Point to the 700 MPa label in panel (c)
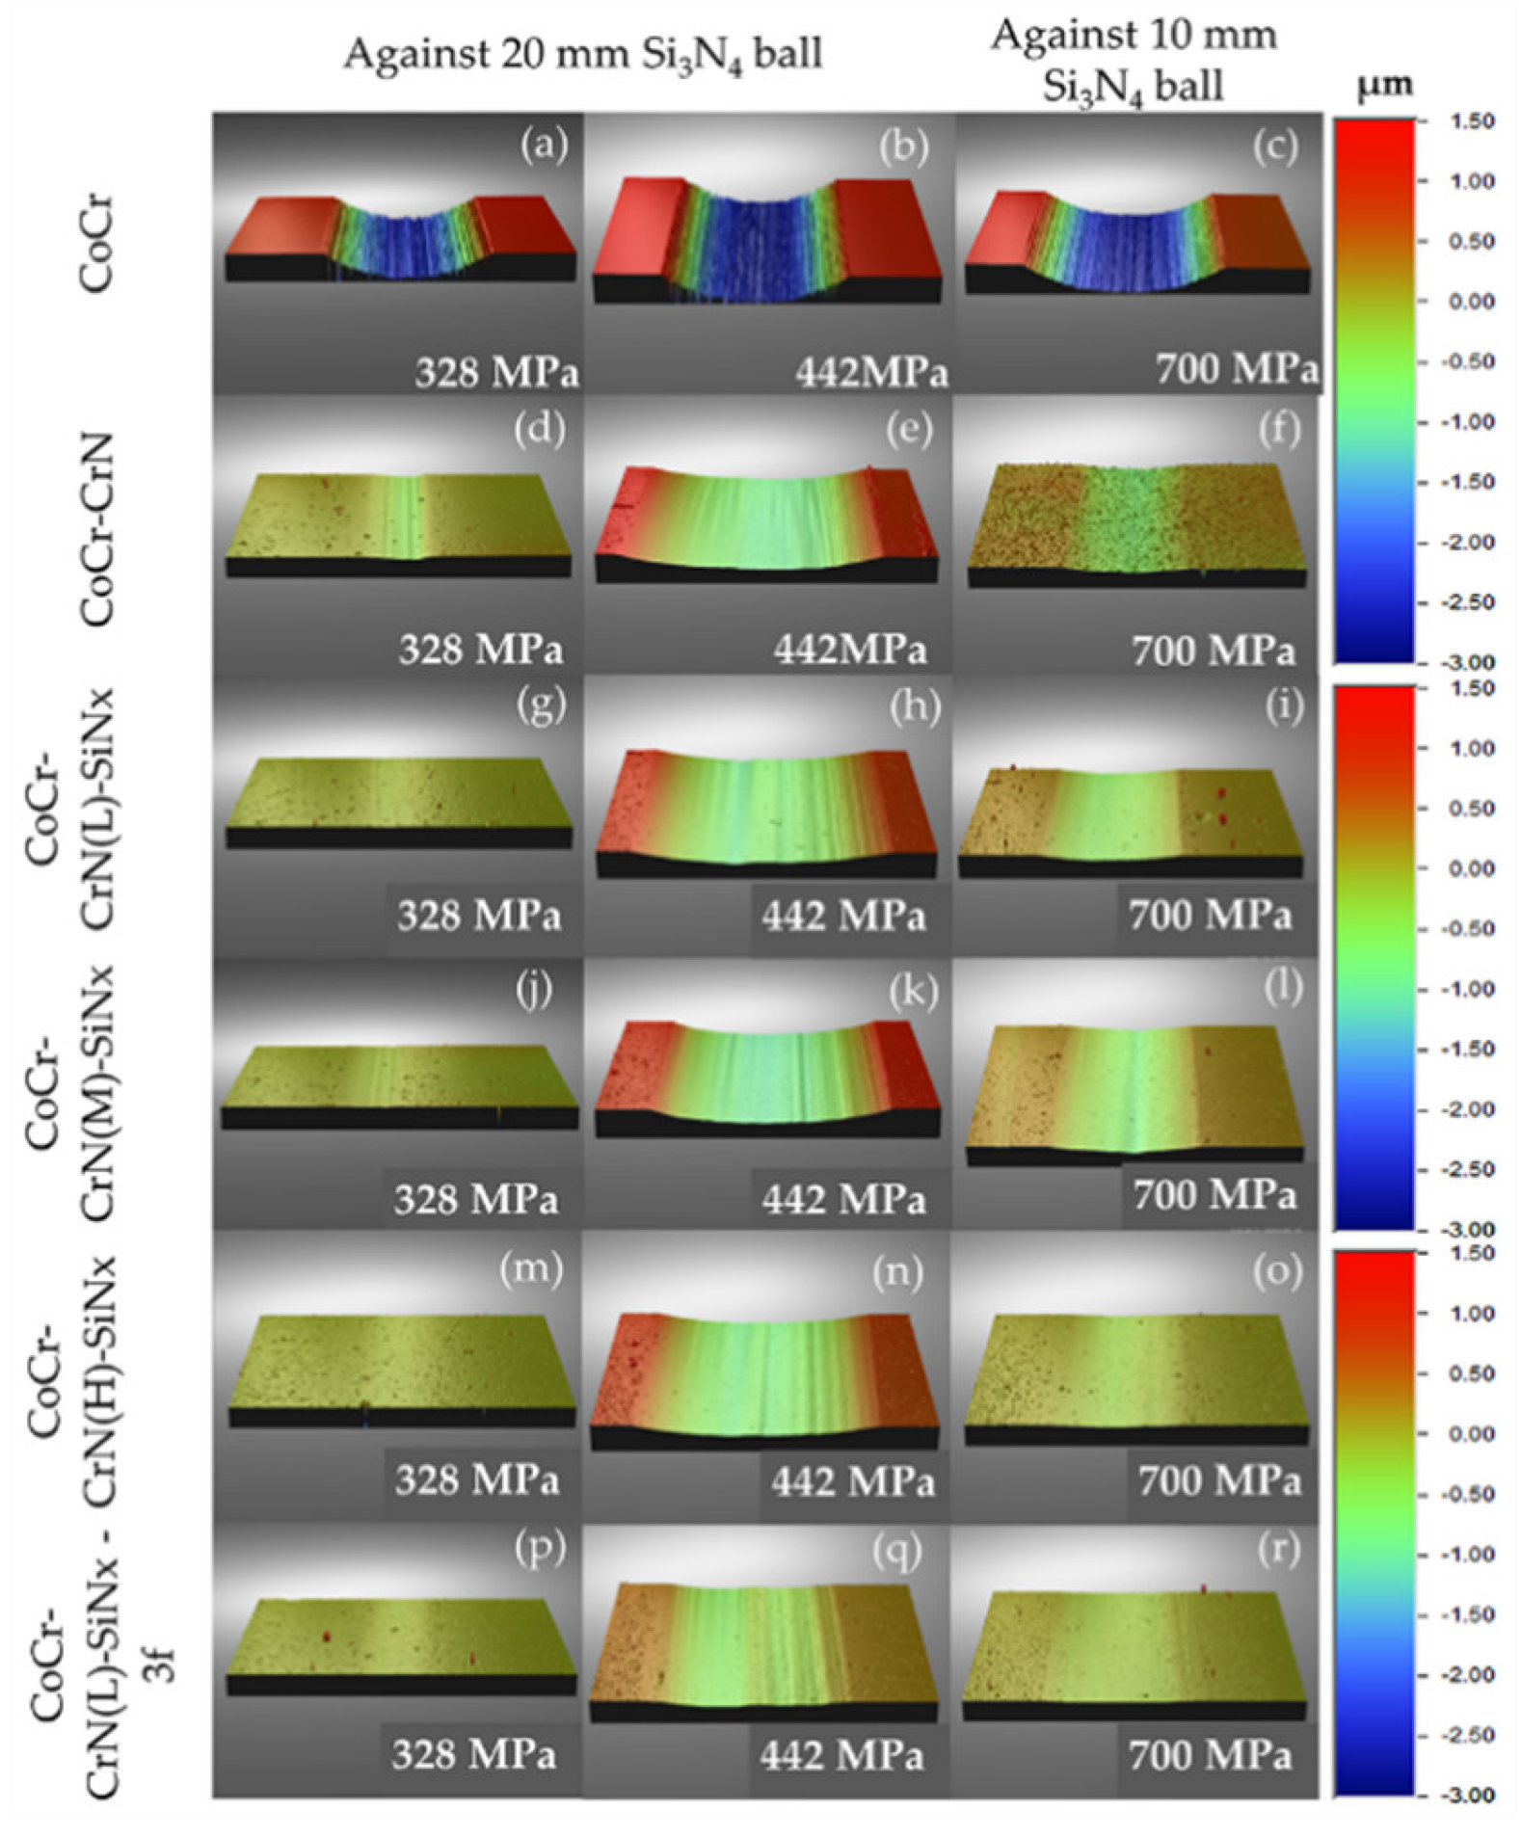[1237, 368]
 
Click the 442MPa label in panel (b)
[871, 372]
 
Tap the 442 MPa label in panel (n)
[852, 1480]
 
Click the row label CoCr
[97, 244]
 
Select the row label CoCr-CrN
[97, 529]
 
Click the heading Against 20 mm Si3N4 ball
[583, 54]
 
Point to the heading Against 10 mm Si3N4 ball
[1134, 60]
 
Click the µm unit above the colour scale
[1384, 87]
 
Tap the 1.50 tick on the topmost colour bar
[1471, 121]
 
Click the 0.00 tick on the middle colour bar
[1471, 868]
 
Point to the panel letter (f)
[1279, 427]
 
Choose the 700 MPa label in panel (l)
[1214, 1195]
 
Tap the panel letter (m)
[530, 1268]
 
